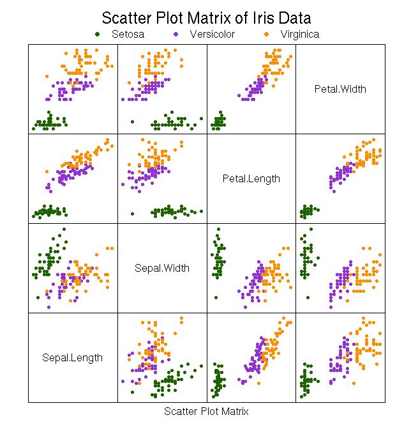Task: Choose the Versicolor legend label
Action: click(212, 34)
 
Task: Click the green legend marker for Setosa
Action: click(97, 34)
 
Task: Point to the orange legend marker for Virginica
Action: click(266, 34)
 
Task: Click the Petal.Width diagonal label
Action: click(340, 89)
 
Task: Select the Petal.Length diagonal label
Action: click(251, 178)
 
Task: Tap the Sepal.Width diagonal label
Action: click(161, 268)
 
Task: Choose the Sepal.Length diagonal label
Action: click(72, 357)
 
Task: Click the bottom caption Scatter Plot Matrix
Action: click(206, 411)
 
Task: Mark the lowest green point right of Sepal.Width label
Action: click(216, 297)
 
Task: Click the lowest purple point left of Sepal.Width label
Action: click(49, 307)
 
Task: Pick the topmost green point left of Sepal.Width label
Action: click(64, 229)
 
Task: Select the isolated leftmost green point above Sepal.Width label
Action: click(132, 214)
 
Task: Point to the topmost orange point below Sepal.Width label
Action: click(181, 318)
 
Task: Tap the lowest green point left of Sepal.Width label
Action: click(38, 297)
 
